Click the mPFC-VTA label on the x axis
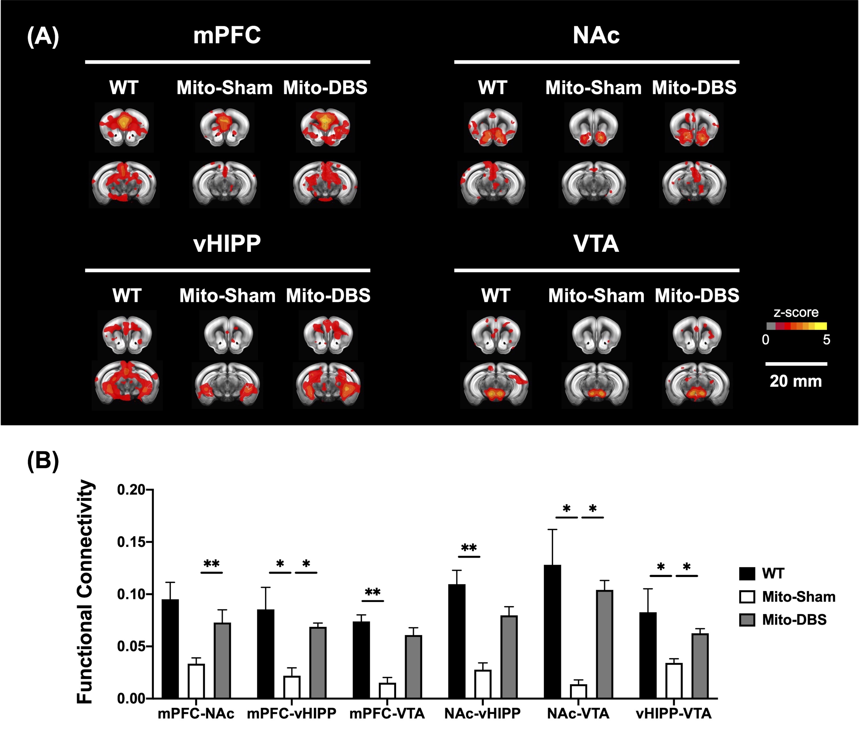tap(387, 714)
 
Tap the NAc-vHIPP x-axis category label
tap(482, 714)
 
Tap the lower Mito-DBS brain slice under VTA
tap(697, 385)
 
